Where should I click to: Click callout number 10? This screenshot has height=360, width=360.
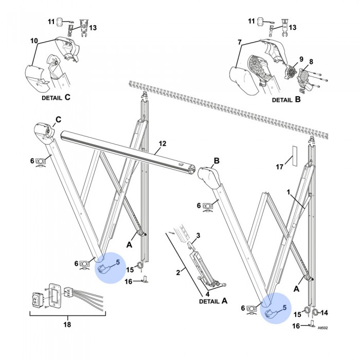[x=34, y=40]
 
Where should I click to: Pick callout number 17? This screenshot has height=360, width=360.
[x=280, y=167]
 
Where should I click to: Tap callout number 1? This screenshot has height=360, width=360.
[x=289, y=192]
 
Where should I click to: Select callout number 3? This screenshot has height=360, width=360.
[x=200, y=236]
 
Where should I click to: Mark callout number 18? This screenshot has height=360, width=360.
[x=66, y=325]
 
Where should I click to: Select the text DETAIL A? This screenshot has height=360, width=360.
[x=212, y=301]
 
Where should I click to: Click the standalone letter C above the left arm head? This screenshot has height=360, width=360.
[x=58, y=119]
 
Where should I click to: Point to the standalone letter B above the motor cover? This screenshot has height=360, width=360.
[x=217, y=161]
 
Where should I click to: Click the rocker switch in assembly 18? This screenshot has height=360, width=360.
[x=36, y=298]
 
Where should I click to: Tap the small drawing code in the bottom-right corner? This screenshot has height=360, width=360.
[x=323, y=327]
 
